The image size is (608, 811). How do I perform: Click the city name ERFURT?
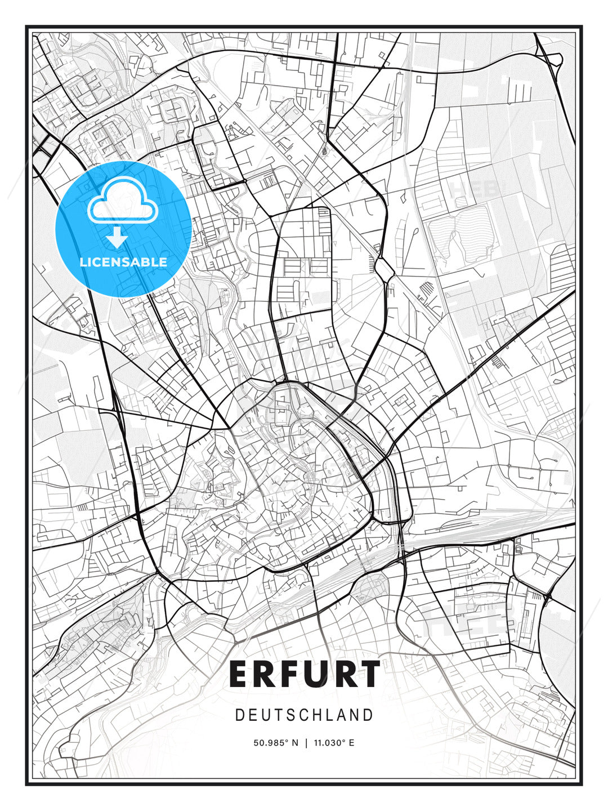tap(305, 674)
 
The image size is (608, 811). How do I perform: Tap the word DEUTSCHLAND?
tap(305, 715)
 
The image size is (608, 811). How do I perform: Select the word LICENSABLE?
tap(123, 262)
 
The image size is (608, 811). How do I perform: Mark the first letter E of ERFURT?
tap(239, 674)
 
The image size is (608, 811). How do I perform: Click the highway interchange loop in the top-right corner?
tap(555, 59)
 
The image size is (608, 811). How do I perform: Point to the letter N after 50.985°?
tap(295, 743)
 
